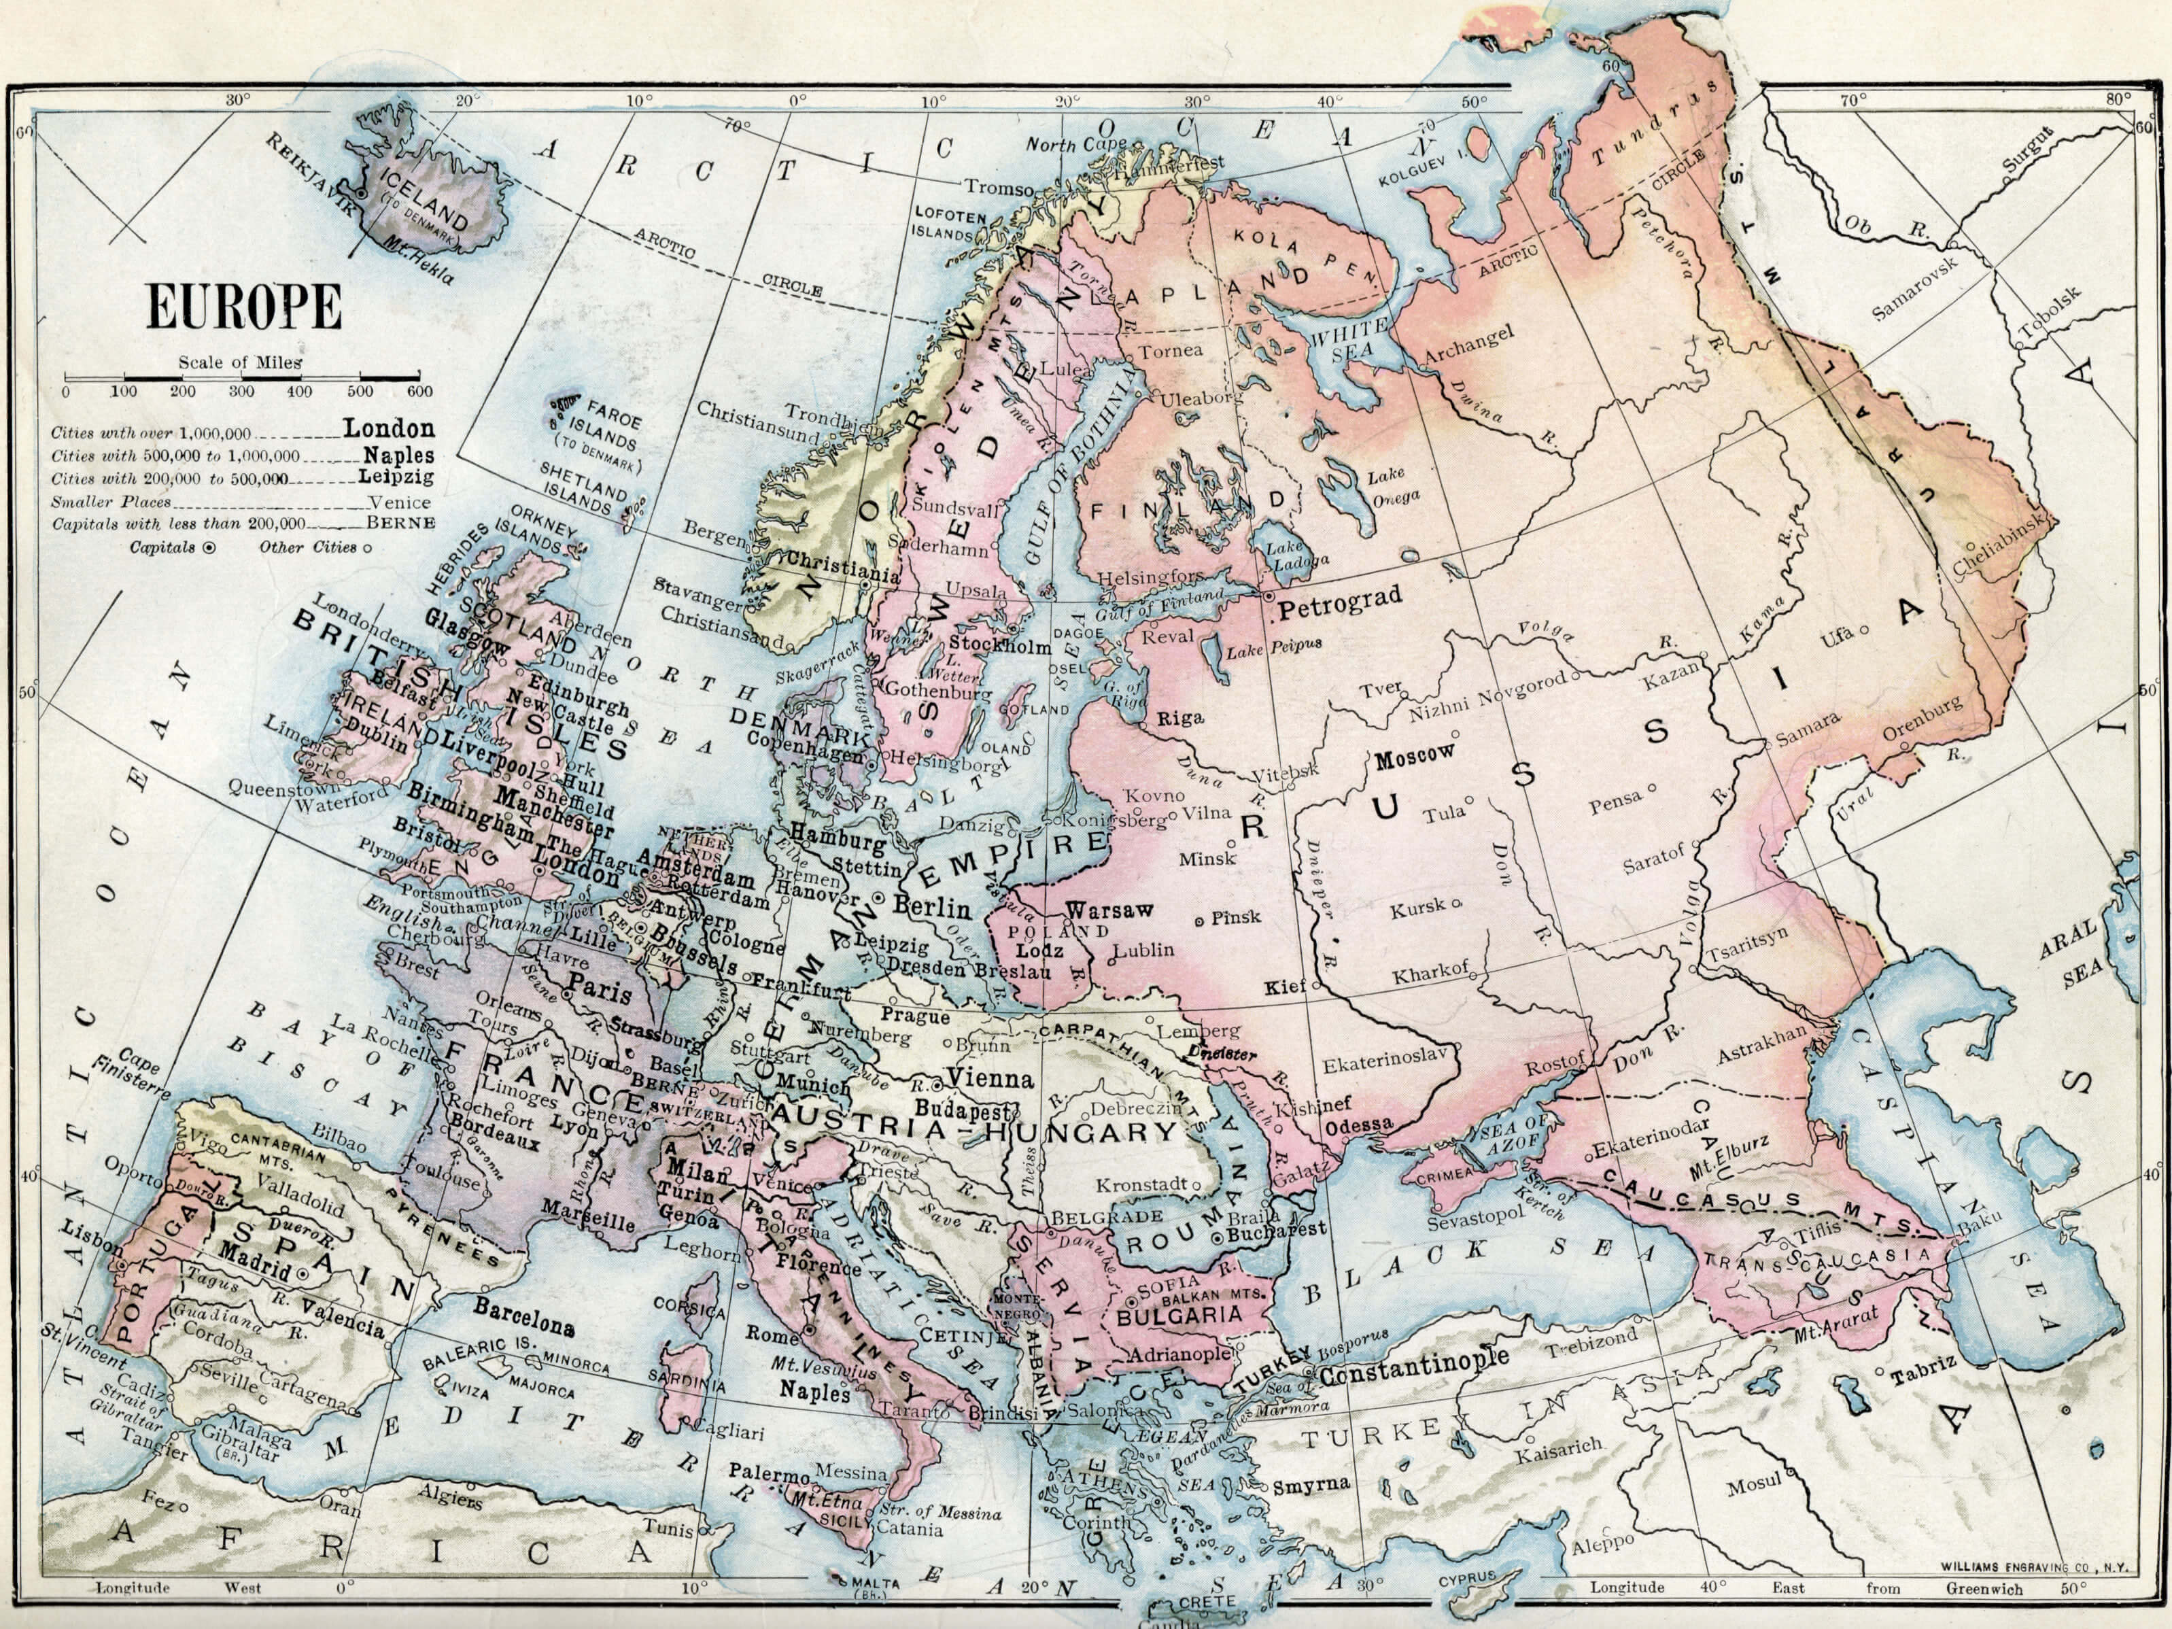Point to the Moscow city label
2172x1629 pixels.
click(1414, 757)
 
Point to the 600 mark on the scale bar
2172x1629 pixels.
click(419, 392)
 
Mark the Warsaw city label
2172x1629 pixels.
click(1107, 910)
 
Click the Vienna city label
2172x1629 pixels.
click(990, 1079)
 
